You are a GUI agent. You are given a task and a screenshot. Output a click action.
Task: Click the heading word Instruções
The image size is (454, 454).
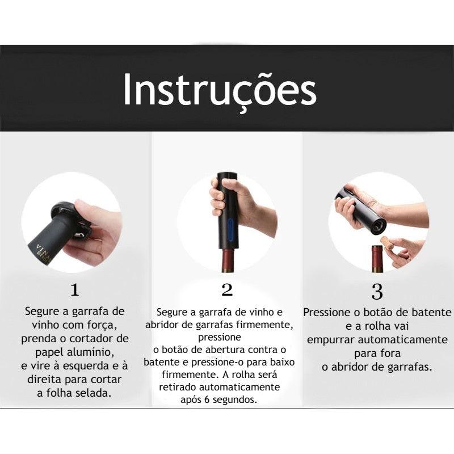coord(220,90)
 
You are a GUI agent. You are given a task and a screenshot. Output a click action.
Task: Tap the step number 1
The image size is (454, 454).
coord(74,290)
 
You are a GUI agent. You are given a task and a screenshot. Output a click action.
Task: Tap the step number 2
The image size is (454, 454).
coord(227,290)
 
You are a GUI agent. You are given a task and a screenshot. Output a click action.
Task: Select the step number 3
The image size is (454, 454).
coord(377,292)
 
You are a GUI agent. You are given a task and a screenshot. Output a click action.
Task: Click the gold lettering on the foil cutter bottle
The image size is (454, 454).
coord(42,249)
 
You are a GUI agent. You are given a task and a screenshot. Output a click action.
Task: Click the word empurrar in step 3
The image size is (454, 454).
coord(333,339)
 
